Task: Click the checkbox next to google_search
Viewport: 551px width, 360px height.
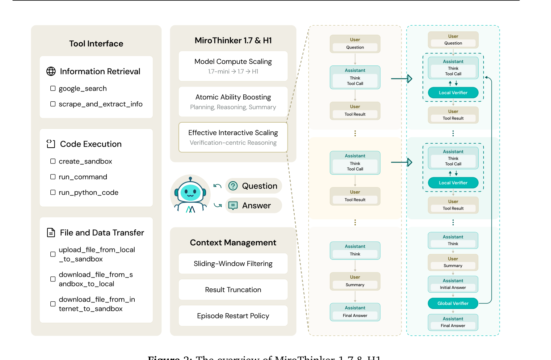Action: (53, 88)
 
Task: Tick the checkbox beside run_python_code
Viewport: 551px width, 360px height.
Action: (53, 192)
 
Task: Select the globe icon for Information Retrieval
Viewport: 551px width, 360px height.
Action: (51, 71)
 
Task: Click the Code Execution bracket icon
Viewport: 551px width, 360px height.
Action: (51, 144)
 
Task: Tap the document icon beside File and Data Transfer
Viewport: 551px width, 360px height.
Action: (51, 233)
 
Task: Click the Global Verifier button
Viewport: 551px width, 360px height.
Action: (453, 304)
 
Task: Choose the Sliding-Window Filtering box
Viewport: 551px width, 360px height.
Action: (233, 264)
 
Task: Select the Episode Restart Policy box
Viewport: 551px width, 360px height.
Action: (233, 316)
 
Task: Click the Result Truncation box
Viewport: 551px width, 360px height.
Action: (233, 290)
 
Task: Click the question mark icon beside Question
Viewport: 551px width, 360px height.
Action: (233, 186)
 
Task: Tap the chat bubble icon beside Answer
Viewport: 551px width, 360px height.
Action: (233, 206)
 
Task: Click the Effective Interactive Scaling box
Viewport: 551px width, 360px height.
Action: (233, 137)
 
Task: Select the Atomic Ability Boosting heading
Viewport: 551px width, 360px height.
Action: (233, 97)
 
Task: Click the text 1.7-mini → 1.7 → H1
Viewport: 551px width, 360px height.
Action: (233, 72)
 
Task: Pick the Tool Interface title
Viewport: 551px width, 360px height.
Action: (96, 44)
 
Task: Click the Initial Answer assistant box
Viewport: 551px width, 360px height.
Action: (453, 284)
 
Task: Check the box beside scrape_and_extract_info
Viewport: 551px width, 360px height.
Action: (53, 104)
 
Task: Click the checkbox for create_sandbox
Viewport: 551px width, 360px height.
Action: (53, 161)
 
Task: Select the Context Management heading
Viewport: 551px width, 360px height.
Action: (233, 243)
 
